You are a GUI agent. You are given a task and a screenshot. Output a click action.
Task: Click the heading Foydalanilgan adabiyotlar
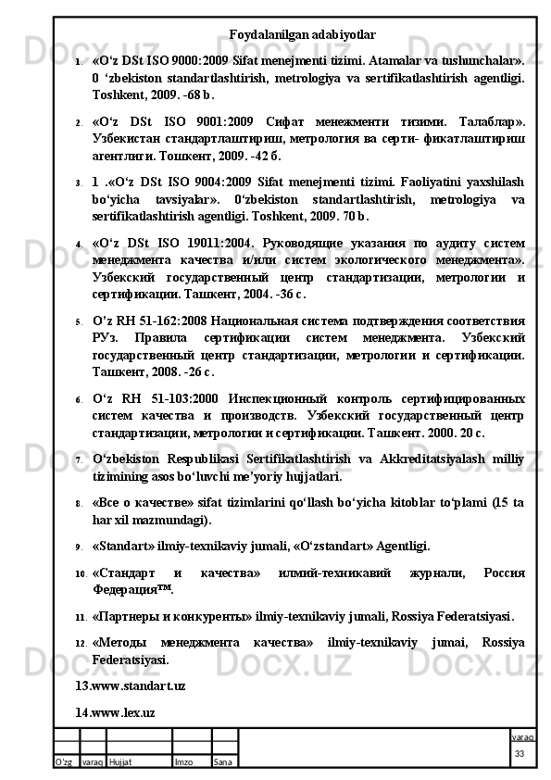[302, 35]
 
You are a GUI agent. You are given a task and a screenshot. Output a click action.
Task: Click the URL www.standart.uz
[130, 686]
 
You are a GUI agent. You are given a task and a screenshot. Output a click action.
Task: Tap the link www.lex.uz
[115, 711]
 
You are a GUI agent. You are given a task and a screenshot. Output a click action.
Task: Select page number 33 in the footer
[520, 754]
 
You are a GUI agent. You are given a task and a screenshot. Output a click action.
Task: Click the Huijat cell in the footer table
[119, 761]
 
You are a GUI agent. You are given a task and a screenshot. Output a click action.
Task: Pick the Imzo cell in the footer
[183, 761]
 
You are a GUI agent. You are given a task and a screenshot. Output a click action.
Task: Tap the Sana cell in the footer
[223, 761]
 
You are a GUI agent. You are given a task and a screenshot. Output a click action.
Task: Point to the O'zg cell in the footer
[64, 761]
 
